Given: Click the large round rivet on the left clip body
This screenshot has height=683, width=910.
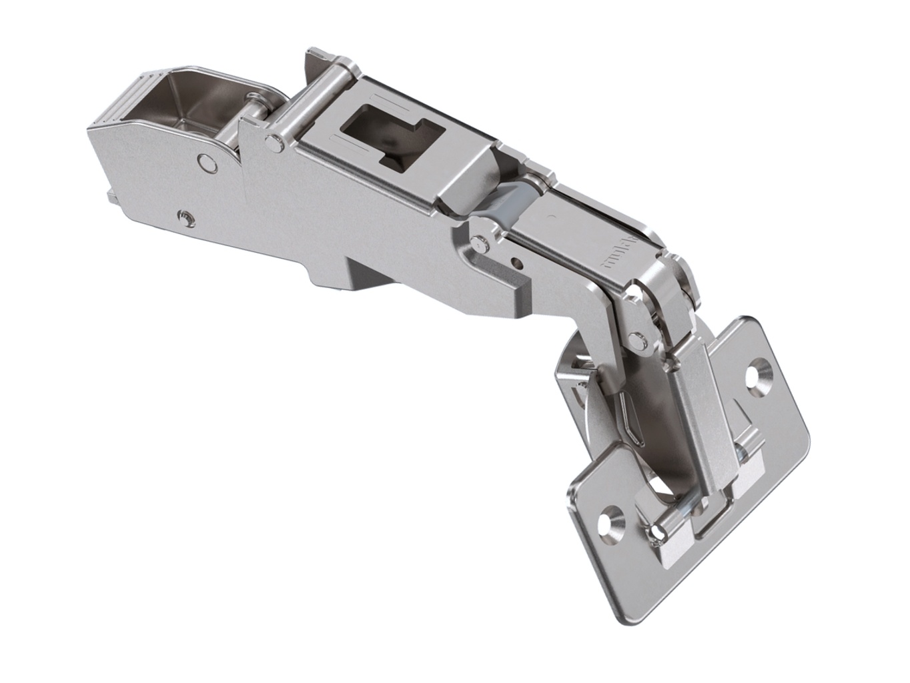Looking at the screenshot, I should coord(207,162).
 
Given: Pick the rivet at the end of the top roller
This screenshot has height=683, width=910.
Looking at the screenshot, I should coord(271,141).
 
